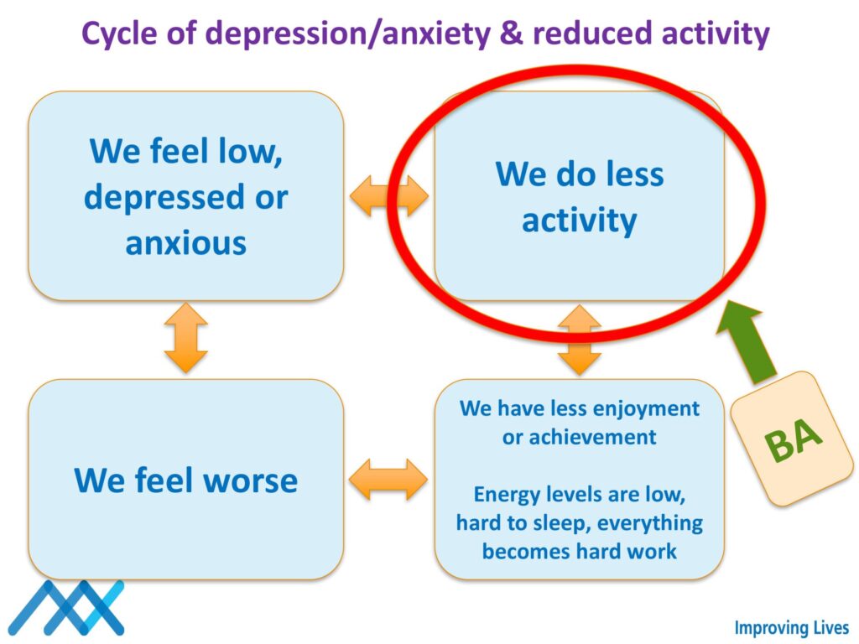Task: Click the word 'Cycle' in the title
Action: pyautogui.click(x=124, y=34)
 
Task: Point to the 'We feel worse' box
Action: pyautogui.click(x=186, y=480)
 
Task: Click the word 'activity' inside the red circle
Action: pyautogui.click(x=579, y=221)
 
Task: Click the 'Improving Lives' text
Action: pyautogui.click(x=791, y=628)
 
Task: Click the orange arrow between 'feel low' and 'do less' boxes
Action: pyautogui.click(x=388, y=197)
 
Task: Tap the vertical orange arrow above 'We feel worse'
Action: pyautogui.click(x=186, y=338)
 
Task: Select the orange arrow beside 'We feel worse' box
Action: pyautogui.click(x=388, y=480)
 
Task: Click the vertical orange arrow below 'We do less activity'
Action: pyautogui.click(x=580, y=340)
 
